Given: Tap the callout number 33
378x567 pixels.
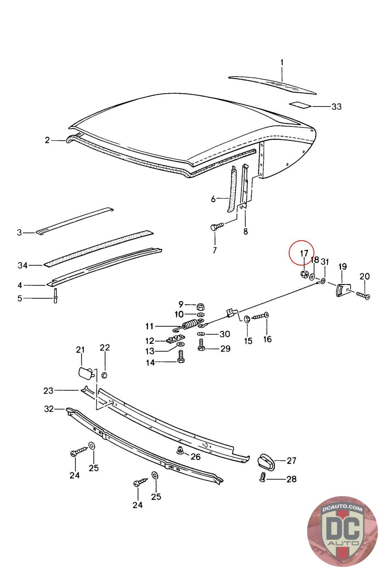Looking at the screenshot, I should pyautogui.click(x=336, y=106).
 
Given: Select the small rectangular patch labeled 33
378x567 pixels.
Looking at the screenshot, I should pyautogui.click(x=300, y=105).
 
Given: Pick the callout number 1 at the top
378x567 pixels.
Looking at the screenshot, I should pyautogui.click(x=282, y=63).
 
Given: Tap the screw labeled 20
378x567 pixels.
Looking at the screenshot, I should pyautogui.click(x=363, y=295).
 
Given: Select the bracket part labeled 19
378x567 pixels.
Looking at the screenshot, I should pyautogui.click(x=342, y=290).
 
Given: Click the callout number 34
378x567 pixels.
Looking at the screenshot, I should pyautogui.click(x=22, y=265).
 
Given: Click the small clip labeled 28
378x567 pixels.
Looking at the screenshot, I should pyautogui.click(x=263, y=477).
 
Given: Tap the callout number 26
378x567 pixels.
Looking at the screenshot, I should pyautogui.click(x=196, y=457).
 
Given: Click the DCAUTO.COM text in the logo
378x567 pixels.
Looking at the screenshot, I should pyautogui.click(x=343, y=509).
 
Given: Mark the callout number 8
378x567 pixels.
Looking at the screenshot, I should pyautogui.click(x=246, y=231).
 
